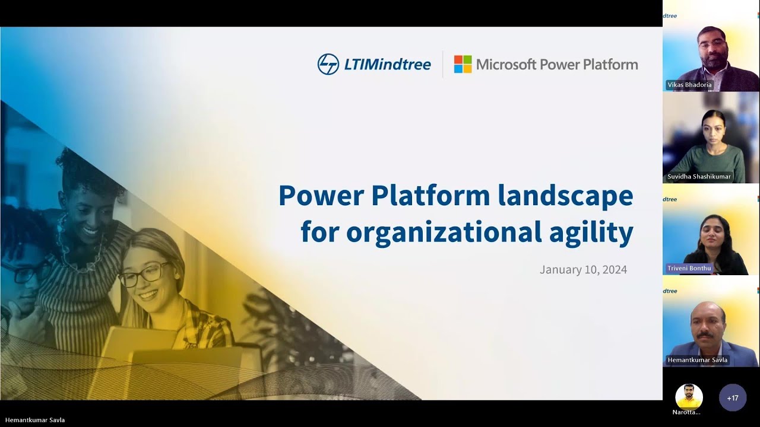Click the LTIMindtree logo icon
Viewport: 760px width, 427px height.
(x=328, y=64)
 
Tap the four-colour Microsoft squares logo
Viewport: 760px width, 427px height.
(x=463, y=64)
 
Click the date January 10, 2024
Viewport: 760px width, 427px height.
(x=583, y=270)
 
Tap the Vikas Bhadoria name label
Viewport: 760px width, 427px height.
(x=689, y=85)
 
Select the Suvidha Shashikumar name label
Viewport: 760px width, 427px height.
(x=699, y=177)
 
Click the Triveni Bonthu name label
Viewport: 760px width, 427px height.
(x=689, y=268)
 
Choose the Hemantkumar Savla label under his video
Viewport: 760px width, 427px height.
(x=697, y=360)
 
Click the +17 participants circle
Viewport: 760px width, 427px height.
(x=732, y=398)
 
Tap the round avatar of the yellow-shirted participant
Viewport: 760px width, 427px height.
(x=689, y=396)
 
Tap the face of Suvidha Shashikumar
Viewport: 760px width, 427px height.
(x=712, y=129)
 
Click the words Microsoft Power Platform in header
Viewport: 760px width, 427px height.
(x=557, y=64)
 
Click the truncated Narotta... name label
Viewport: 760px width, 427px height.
(x=686, y=412)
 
